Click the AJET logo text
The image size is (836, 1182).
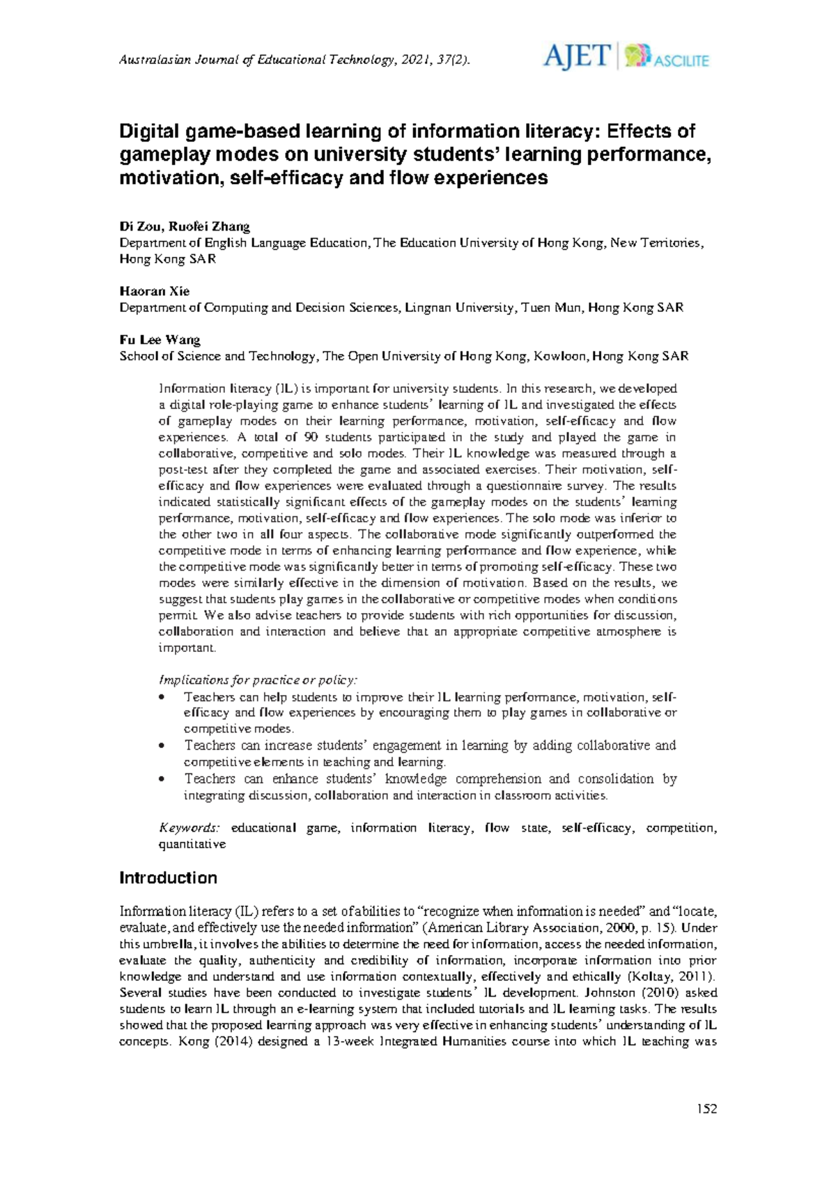(x=577, y=56)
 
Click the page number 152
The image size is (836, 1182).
(x=706, y=1109)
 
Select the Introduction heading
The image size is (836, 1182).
(x=168, y=878)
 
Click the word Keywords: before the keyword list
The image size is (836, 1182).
(x=189, y=828)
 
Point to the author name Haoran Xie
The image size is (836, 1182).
(x=155, y=291)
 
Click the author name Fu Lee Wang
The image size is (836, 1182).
(x=160, y=340)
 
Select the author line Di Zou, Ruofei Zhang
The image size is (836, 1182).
(x=185, y=226)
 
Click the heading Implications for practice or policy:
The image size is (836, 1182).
(x=258, y=680)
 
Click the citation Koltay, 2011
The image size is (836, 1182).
(x=672, y=977)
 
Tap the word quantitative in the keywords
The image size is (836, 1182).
(x=192, y=844)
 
